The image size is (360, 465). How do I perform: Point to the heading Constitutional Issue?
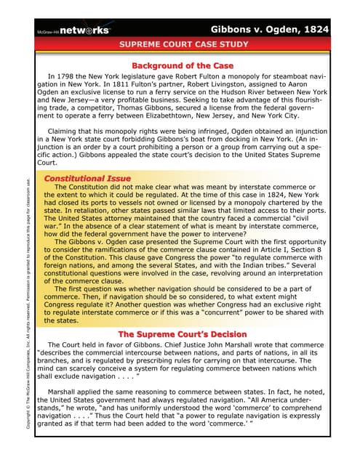point(87,178)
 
